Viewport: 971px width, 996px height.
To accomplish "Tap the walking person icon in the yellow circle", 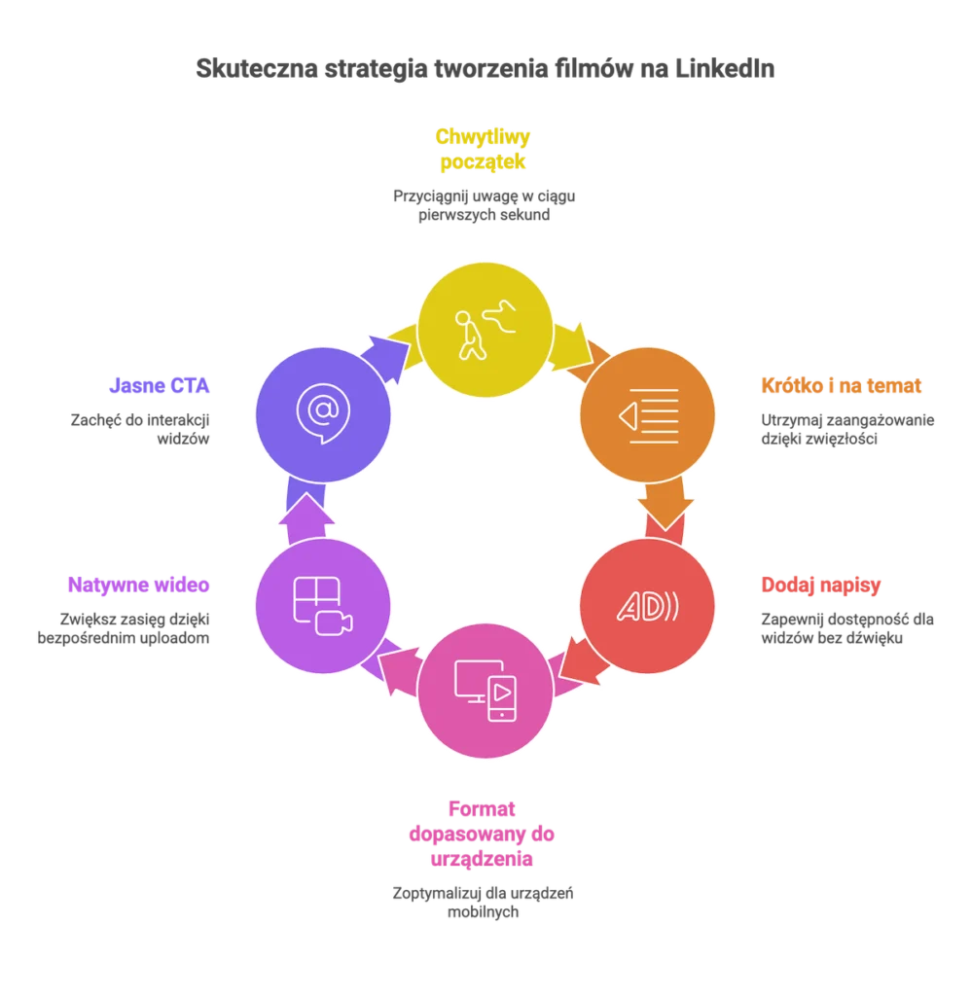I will pos(485,331).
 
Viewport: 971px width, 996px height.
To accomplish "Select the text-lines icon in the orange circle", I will pos(648,415).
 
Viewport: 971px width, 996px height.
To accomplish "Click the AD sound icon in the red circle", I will pos(648,606).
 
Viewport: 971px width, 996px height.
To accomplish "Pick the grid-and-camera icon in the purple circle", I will pos(323,605).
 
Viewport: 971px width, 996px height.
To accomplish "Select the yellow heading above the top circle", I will pos(485,148).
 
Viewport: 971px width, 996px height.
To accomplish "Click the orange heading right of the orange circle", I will pos(840,385).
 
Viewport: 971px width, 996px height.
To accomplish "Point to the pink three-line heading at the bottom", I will pos(484,835).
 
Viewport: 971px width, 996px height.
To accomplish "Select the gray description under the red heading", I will pos(845,627).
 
